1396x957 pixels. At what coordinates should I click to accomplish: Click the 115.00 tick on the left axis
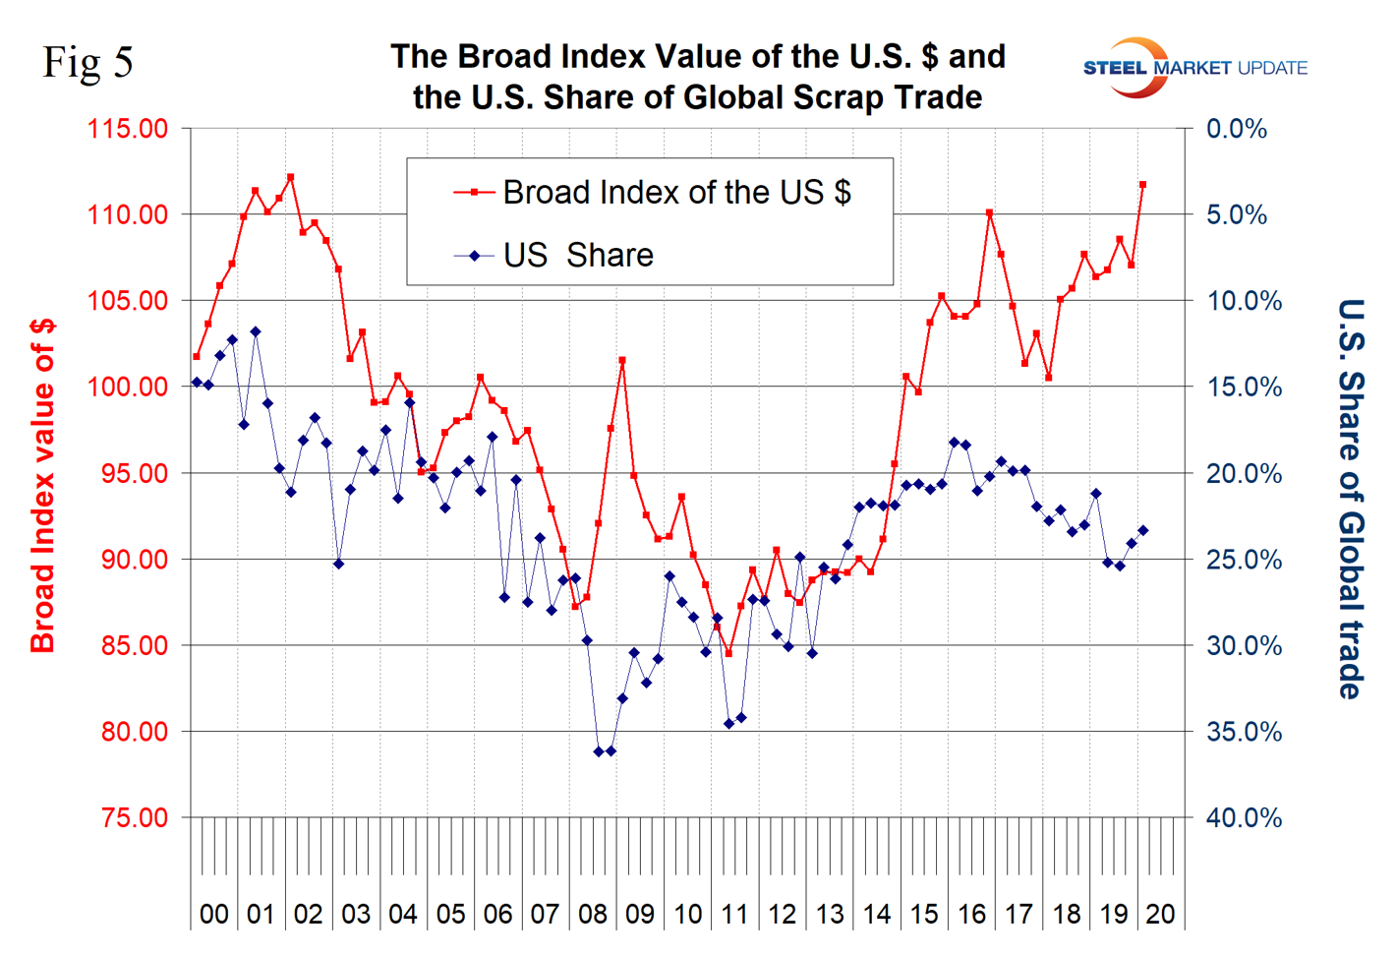point(128,129)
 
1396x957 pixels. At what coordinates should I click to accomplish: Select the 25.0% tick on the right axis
point(1244,560)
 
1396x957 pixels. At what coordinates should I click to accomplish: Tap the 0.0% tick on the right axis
point(1237,129)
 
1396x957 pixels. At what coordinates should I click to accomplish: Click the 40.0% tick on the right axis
point(1244,818)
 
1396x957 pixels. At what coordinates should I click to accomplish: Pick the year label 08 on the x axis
point(593,915)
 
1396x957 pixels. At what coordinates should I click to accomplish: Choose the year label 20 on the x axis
point(1160,915)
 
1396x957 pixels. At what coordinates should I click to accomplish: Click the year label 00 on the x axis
point(213,915)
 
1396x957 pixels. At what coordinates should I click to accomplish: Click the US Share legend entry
point(578,256)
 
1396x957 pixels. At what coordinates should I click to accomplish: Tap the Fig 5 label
point(87,63)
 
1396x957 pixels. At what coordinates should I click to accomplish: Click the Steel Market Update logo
point(1194,68)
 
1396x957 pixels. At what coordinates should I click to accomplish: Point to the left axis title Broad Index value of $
point(43,486)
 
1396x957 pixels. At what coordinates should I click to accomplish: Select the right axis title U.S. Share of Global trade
point(1352,499)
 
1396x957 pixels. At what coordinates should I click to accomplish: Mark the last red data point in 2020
point(1142,184)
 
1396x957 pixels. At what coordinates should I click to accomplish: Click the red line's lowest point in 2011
point(728,653)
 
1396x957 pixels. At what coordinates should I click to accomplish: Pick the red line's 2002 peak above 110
point(290,177)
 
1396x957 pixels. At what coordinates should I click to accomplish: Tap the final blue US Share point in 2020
point(1142,531)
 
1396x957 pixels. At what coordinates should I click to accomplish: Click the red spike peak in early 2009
point(622,360)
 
